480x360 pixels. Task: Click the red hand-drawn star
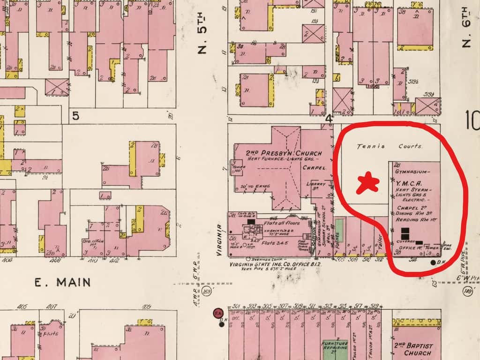(367, 183)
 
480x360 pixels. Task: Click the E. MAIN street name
(62, 282)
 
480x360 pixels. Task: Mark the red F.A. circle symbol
(217, 313)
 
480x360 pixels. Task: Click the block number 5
(75, 115)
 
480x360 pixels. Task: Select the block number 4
(329, 119)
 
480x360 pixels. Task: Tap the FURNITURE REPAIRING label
(335, 346)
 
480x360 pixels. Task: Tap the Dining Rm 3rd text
(412, 213)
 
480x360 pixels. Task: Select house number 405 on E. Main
(22, 307)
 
